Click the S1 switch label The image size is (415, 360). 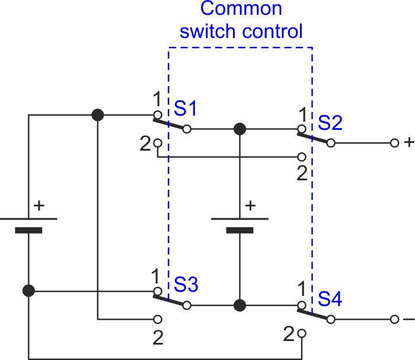(x=185, y=109)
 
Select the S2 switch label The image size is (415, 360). (x=330, y=123)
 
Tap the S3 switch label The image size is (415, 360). (x=186, y=285)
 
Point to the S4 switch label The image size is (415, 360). (x=330, y=299)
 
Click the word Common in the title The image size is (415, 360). (x=241, y=8)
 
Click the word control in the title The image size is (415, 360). (x=272, y=31)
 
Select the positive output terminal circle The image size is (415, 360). (x=394, y=143)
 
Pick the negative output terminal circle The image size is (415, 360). (x=394, y=320)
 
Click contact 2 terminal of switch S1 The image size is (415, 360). (x=158, y=143)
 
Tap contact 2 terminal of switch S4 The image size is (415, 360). (x=302, y=333)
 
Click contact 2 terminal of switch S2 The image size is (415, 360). (x=302, y=157)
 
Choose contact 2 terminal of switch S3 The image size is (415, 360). (x=158, y=320)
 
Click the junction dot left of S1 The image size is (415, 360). (x=98, y=115)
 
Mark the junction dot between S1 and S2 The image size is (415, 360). (x=240, y=129)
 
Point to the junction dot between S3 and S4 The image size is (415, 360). (x=240, y=305)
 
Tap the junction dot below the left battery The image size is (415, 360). (x=28, y=291)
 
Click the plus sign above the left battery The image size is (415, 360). (x=39, y=206)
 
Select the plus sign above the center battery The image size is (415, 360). (x=250, y=206)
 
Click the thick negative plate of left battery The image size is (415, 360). (x=28, y=230)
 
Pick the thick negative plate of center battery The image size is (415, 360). (x=240, y=230)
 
